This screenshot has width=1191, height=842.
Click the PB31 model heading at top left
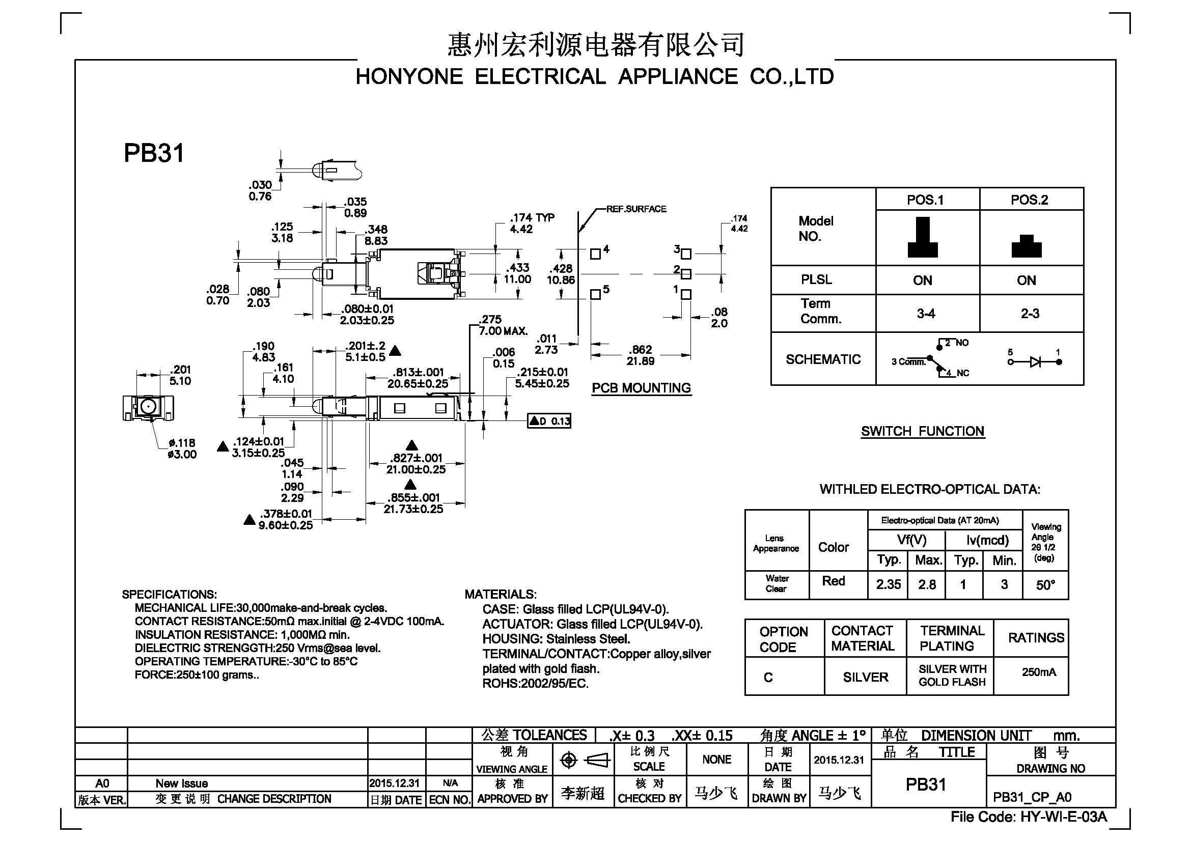click(x=154, y=153)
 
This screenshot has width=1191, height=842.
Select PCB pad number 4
click(x=596, y=254)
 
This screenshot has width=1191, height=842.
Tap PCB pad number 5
click(x=596, y=294)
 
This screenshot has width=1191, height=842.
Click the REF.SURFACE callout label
click(x=636, y=209)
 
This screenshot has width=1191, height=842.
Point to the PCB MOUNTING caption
click(x=641, y=388)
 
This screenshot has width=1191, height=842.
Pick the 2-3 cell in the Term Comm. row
click(x=1030, y=314)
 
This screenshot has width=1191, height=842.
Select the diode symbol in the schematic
click(x=1035, y=362)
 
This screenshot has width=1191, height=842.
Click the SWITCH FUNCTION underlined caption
click(x=923, y=431)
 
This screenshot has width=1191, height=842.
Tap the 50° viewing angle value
click(x=1045, y=585)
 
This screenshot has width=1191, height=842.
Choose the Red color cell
click(x=834, y=581)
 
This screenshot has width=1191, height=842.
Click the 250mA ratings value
click(x=1039, y=672)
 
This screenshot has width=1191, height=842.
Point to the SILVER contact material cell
click(x=865, y=677)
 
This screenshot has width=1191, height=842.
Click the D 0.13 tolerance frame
click(x=549, y=421)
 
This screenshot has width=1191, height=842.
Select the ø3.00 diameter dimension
click(x=182, y=454)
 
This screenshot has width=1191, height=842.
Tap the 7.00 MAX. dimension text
click(x=503, y=331)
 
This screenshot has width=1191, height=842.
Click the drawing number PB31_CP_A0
click(x=1032, y=797)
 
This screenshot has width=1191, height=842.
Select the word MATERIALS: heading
click(x=501, y=594)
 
